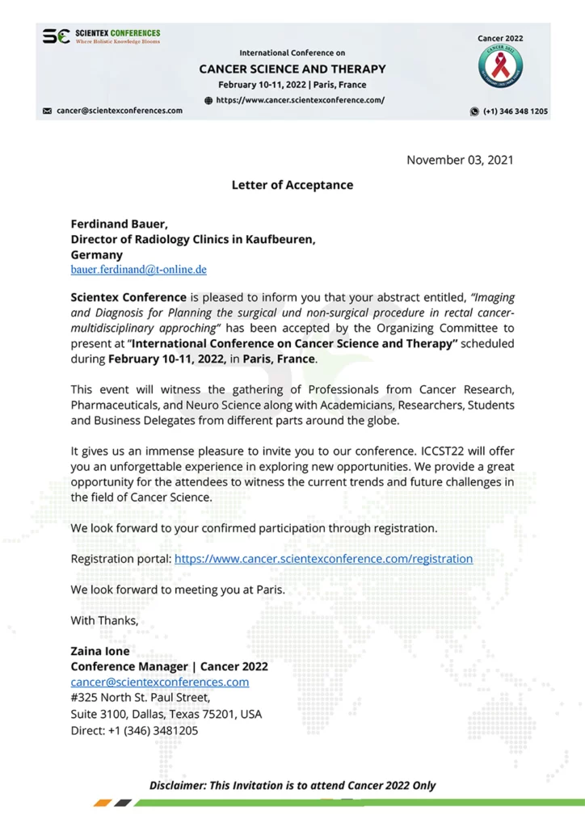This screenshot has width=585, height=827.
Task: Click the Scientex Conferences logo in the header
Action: pos(102,37)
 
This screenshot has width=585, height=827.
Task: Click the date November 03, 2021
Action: pos(460,160)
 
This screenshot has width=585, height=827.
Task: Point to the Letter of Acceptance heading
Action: pos(292,185)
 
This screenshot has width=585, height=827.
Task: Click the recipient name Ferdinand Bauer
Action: pos(119,224)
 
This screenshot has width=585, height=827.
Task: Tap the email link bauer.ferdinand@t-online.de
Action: pos(138,269)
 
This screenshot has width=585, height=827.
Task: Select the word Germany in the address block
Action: pos(96,254)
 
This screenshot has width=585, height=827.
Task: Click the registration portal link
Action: pos(323,559)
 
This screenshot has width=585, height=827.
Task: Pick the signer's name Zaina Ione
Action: pos(100,651)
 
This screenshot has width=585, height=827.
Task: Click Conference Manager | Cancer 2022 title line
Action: pos(169,667)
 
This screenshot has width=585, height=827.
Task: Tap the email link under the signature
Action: pos(160,682)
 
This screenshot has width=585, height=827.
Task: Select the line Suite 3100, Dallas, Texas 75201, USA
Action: pos(166,715)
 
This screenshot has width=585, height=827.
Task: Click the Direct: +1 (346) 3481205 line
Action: pos(134,731)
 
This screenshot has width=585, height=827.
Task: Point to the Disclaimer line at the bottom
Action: pos(292,785)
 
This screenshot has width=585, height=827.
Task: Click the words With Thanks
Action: pos(104,621)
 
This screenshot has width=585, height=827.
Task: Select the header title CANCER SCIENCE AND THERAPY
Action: pos(292,69)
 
